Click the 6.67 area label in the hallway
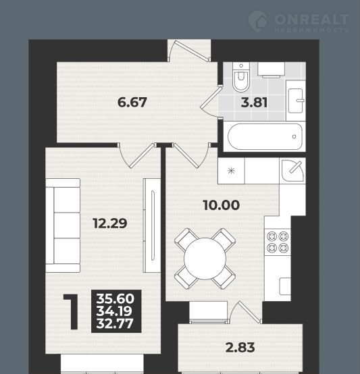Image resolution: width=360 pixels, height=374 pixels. (x=132, y=103)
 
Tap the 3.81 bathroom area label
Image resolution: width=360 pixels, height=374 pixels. (x=254, y=103)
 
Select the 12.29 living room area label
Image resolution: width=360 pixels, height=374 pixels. (x=110, y=223)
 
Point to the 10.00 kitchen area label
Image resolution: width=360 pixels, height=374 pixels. (x=222, y=205)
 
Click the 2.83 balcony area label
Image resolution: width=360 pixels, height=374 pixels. (x=240, y=348)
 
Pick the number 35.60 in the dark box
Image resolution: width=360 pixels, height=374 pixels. (x=115, y=298)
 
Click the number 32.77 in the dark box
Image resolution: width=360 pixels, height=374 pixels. (x=115, y=323)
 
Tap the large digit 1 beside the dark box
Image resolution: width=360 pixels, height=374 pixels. (x=71, y=311)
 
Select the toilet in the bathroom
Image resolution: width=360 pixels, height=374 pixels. (x=241, y=77)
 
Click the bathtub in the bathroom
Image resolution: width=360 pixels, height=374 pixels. (x=265, y=136)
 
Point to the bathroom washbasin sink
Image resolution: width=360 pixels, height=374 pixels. (x=296, y=101)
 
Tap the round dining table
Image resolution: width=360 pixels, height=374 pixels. (x=205, y=259)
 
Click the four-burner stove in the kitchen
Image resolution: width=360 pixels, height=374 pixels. (x=278, y=242)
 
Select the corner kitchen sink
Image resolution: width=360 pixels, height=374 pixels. (x=292, y=171)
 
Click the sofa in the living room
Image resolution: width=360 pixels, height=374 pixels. (x=63, y=225)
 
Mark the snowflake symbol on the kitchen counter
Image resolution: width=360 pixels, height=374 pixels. (x=231, y=171)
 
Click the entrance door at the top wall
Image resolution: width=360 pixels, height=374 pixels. (x=189, y=51)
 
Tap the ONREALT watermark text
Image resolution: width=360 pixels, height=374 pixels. (x=311, y=20)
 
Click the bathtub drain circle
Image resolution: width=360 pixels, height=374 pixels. (x=294, y=136)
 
